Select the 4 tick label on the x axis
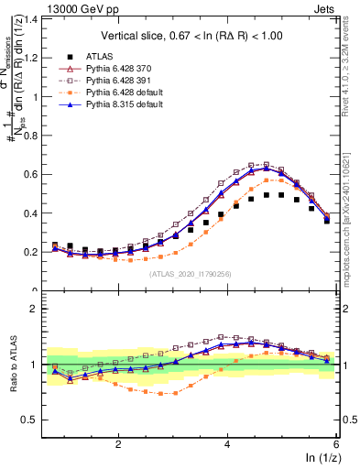(x=227, y=442)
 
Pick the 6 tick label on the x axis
(x=335, y=442)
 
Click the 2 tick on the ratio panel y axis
(x=37, y=309)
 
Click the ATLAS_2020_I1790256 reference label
(x=189, y=274)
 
